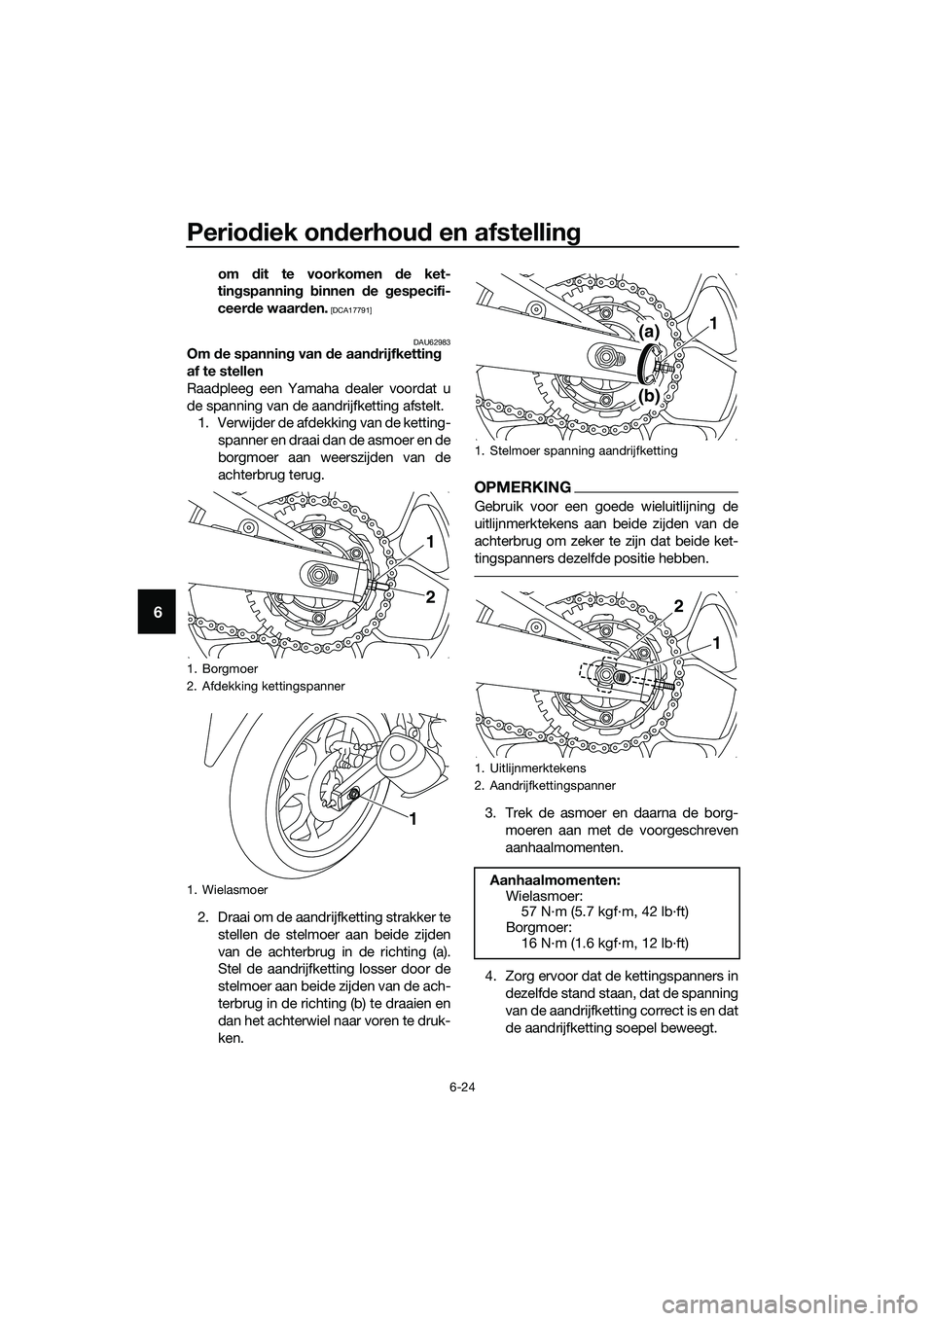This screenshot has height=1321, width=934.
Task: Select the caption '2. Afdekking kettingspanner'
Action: (x=264, y=686)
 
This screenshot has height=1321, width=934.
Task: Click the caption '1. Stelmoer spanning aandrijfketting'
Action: (x=576, y=451)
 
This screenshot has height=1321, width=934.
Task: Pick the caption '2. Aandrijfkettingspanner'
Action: (x=545, y=784)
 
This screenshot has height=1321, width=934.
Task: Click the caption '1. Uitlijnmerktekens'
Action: (x=530, y=768)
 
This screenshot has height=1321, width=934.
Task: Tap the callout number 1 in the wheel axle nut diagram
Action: (x=413, y=821)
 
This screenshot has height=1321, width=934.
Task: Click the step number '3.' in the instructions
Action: (x=491, y=812)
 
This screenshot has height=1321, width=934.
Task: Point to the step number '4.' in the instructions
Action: (x=491, y=978)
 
